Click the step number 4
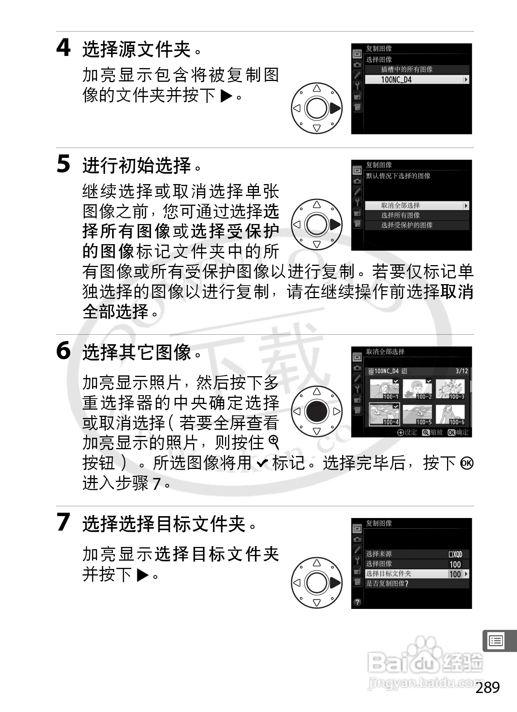[63, 48]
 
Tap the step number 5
[63, 164]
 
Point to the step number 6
[63, 351]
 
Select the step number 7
[63, 522]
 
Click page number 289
[487, 688]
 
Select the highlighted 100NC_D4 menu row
[417, 79]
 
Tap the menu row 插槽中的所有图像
[417, 69]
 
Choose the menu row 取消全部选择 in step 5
[417, 205]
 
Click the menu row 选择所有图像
[417, 215]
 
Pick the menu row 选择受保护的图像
[417, 225]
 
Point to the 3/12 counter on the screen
[462, 371]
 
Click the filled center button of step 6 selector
[317, 411]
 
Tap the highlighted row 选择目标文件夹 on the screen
[417, 574]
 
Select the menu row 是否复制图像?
[417, 583]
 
